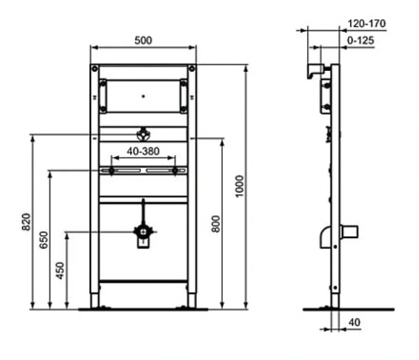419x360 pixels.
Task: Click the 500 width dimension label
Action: click(x=143, y=40)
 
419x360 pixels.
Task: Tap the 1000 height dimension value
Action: click(x=240, y=187)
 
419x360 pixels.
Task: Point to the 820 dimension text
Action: click(x=26, y=222)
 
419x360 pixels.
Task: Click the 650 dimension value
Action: click(x=44, y=241)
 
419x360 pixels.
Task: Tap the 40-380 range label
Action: click(x=143, y=151)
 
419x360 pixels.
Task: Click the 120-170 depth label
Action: click(x=366, y=24)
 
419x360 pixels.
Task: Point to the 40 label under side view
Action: click(x=354, y=323)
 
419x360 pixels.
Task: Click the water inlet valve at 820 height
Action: click(x=143, y=134)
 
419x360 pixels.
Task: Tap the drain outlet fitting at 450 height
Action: click(x=143, y=233)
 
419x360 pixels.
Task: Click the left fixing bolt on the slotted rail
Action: click(x=112, y=171)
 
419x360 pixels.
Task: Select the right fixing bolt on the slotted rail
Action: click(x=175, y=171)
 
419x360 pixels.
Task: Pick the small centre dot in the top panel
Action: click(x=143, y=95)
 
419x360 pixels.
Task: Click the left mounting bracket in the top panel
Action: click(x=104, y=95)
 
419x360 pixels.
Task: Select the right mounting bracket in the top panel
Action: click(x=182, y=95)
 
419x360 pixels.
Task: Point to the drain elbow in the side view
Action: click(x=327, y=236)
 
